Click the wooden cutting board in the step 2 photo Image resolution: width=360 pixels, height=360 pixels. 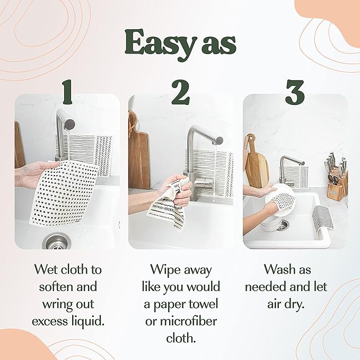pos(139,151)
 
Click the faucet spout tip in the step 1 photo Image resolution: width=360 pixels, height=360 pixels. pos(70,124)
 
